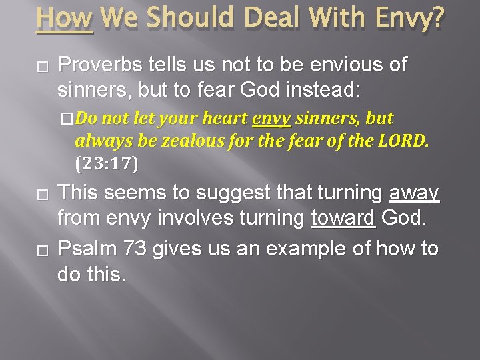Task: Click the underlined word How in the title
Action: click(65, 18)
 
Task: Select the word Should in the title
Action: click(180, 18)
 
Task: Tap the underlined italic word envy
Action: click(271, 119)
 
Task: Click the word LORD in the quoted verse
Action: click(403, 141)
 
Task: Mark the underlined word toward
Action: click(343, 217)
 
